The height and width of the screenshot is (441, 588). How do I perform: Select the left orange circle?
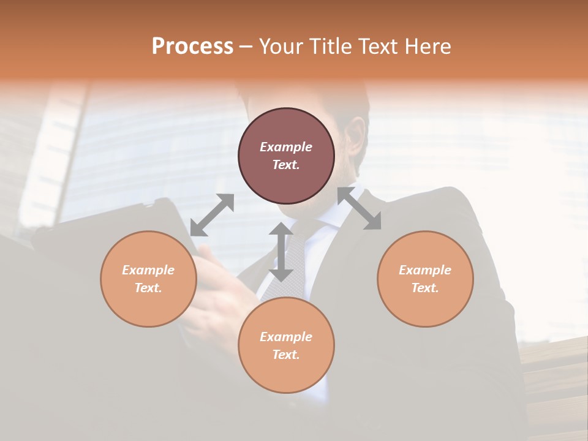[148, 279]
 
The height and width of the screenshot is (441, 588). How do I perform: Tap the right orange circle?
[425, 279]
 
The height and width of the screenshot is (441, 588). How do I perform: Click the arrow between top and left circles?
[212, 215]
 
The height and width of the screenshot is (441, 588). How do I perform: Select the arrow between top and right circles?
[359, 208]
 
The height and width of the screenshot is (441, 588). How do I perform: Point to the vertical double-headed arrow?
[281, 252]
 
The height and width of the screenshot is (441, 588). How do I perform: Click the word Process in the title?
[192, 46]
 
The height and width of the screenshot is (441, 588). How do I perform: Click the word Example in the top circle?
[286, 147]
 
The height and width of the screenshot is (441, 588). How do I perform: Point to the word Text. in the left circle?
[148, 288]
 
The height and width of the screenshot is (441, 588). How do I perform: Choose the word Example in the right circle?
[425, 270]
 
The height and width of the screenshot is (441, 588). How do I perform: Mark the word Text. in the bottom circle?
[286, 355]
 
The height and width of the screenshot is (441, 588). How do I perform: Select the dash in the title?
[246, 47]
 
